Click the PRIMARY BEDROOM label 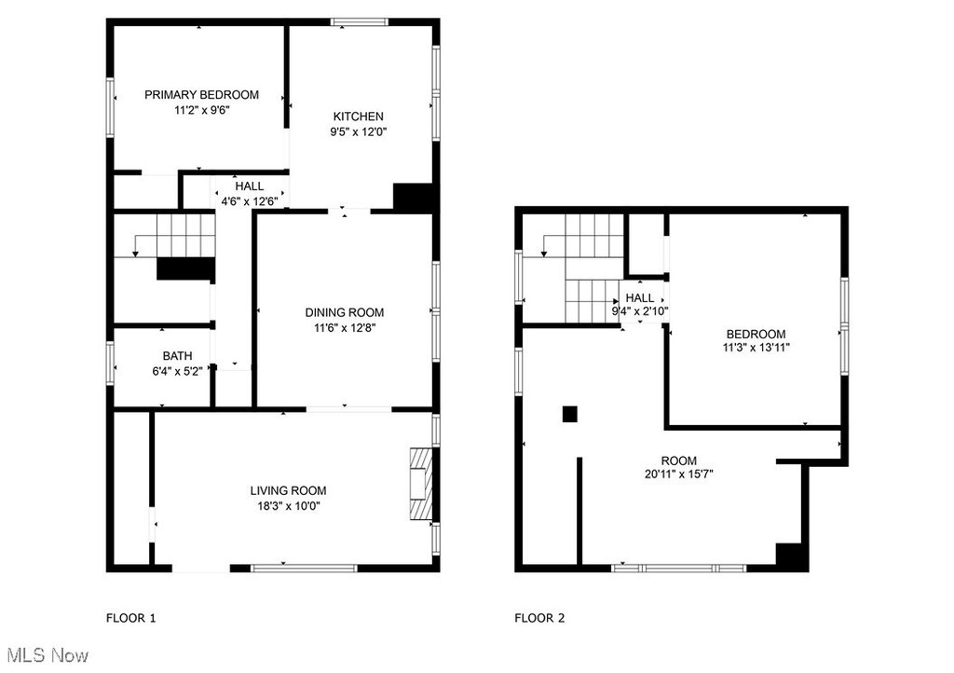pyautogui.click(x=201, y=95)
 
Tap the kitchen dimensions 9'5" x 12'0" pyautogui.click(x=359, y=131)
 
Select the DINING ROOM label pyautogui.click(x=345, y=313)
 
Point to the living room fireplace pyautogui.click(x=421, y=484)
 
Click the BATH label pyautogui.click(x=177, y=356)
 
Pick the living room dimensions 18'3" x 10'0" pyautogui.click(x=289, y=505)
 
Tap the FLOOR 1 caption pyautogui.click(x=130, y=618)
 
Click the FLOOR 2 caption pyautogui.click(x=539, y=618)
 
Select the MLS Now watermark pyautogui.click(x=48, y=655)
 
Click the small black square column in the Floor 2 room pyautogui.click(x=569, y=414)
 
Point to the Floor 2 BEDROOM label pyautogui.click(x=756, y=334)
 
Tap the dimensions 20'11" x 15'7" pyautogui.click(x=679, y=474)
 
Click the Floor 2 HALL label pyautogui.click(x=639, y=298)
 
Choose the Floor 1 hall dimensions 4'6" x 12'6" pyautogui.click(x=250, y=201)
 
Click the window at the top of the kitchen pyautogui.click(x=359, y=22)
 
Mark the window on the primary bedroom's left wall pyautogui.click(x=110, y=106)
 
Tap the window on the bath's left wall pyautogui.click(x=110, y=363)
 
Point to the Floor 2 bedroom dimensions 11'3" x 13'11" pyautogui.click(x=756, y=348)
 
